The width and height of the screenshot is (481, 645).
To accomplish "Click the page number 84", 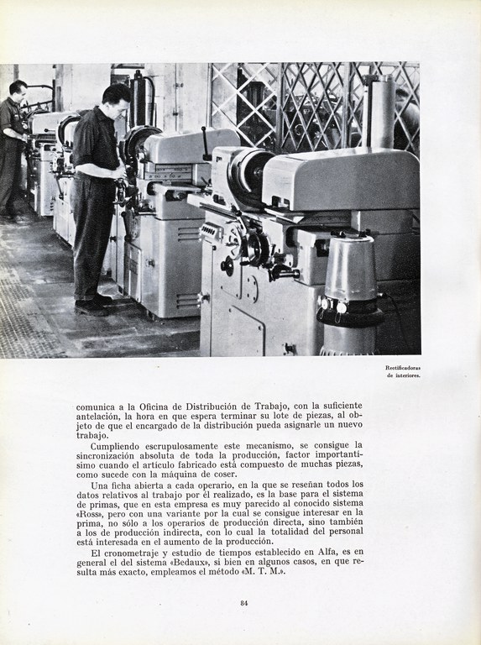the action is (x=244, y=602).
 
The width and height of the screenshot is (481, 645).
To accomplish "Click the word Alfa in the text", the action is (x=308, y=552).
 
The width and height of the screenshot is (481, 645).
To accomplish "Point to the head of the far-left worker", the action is (x=18, y=88).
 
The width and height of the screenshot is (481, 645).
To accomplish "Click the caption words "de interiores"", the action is (x=404, y=375).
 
